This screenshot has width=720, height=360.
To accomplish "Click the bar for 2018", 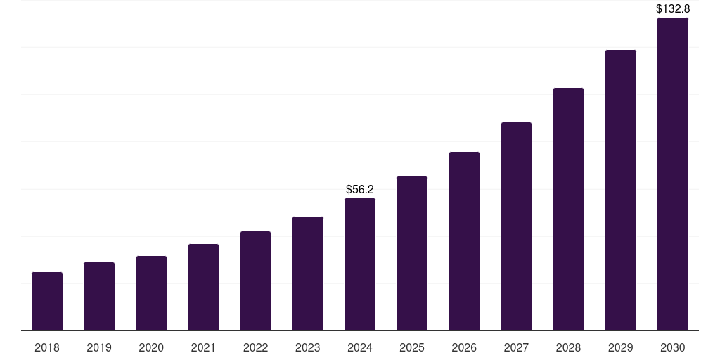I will click(47, 302).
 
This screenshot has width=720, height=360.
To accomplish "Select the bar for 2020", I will click(151, 293).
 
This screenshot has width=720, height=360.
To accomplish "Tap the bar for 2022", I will click(255, 281).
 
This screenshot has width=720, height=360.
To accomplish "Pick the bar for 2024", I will click(360, 264).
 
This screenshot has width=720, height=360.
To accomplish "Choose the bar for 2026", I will click(464, 241).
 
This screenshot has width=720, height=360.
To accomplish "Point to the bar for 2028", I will click(568, 210).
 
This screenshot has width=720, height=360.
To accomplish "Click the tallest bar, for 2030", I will click(673, 174).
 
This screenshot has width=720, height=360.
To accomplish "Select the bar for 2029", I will click(621, 191).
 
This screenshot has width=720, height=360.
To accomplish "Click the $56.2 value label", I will click(360, 190).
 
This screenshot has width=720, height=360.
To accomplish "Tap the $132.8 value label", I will click(673, 9).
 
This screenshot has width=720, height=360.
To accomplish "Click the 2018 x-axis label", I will click(47, 348).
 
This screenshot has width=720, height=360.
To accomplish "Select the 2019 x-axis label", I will click(99, 348).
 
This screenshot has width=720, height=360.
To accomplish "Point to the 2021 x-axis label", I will click(203, 348).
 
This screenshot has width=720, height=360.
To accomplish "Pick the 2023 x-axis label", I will click(308, 348).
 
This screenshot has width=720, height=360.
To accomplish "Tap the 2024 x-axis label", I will click(360, 348).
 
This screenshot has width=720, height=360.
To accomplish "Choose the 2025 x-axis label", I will click(412, 348).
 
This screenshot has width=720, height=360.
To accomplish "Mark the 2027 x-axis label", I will click(516, 348).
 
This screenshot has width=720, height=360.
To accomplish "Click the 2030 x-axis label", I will click(673, 348).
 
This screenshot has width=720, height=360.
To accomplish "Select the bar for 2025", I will click(412, 254).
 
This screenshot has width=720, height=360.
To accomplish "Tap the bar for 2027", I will click(516, 226).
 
